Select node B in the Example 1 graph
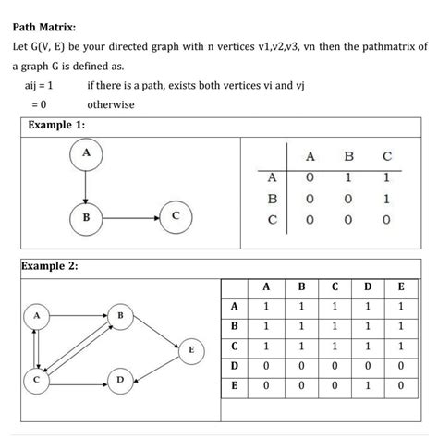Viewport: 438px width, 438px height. coord(85,218)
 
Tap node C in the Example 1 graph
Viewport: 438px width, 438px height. coord(176,218)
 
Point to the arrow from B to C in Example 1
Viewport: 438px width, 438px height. coord(129,218)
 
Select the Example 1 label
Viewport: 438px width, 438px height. coord(56,124)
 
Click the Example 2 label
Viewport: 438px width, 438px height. coord(49,266)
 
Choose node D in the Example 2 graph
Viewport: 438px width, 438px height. coord(121,379)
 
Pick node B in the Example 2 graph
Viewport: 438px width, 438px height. coord(121,317)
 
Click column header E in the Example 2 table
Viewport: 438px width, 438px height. coord(400,286)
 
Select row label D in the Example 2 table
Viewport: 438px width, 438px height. coord(235,367)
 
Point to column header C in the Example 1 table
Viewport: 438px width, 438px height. coord(386,154)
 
